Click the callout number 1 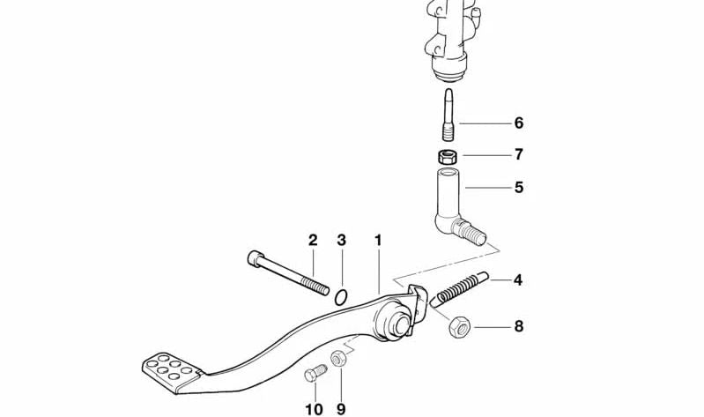click(x=378, y=240)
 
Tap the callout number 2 click(x=313, y=240)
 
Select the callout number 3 click(x=342, y=240)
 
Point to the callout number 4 click(x=518, y=280)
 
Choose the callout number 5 click(x=518, y=187)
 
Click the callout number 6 click(x=518, y=123)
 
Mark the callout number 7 click(x=518, y=154)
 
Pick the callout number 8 click(x=518, y=326)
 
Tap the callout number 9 click(x=340, y=408)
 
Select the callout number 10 click(x=315, y=408)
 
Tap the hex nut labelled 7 click(x=448, y=158)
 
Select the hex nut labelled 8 click(x=460, y=327)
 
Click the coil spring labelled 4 click(x=460, y=289)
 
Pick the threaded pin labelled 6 click(x=448, y=115)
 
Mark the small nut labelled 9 click(x=338, y=359)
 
